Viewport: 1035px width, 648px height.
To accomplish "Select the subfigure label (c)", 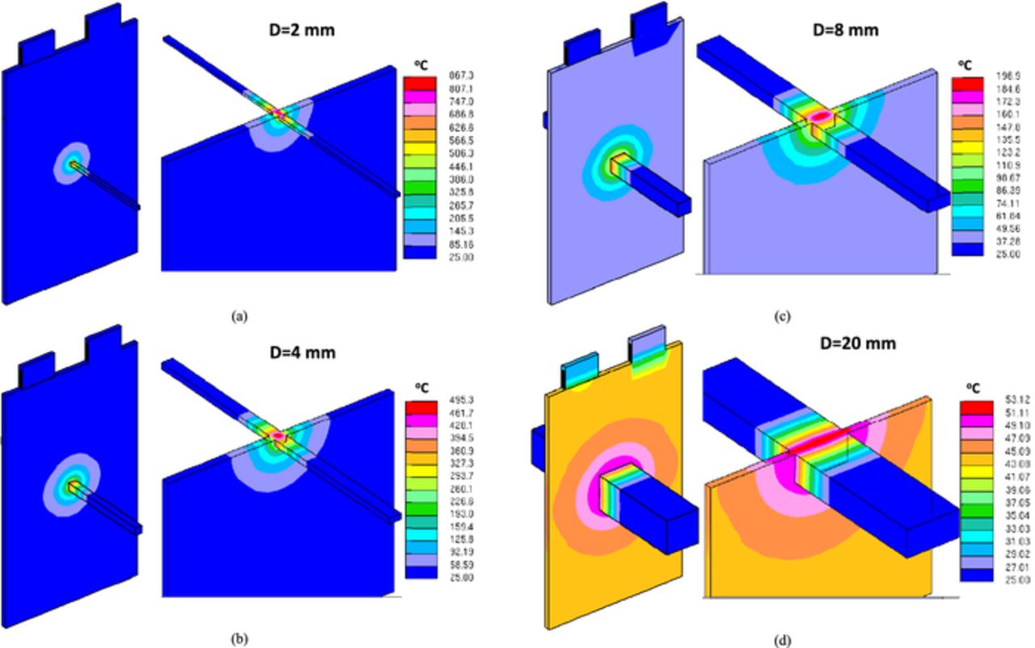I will coord(782,316).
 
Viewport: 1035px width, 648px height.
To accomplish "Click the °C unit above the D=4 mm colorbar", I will coord(422,385).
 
